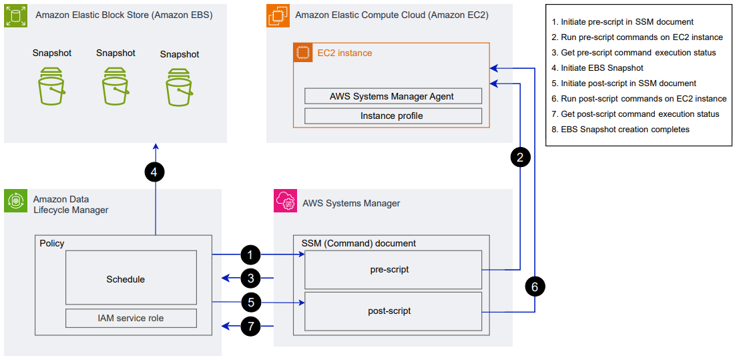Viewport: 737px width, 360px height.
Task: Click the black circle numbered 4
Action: click(154, 172)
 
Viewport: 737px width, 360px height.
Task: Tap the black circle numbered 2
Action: click(520, 157)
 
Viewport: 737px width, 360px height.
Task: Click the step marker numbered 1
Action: click(250, 254)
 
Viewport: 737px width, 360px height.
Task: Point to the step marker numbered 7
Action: click(250, 327)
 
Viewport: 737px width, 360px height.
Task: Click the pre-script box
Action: click(393, 270)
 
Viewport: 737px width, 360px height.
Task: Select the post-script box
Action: click(393, 311)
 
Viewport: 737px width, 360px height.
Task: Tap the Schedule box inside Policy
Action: click(131, 278)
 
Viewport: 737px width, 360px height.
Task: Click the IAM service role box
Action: click(131, 318)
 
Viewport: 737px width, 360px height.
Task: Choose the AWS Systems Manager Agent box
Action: click(393, 96)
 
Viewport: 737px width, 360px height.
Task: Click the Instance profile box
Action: click(393, 116)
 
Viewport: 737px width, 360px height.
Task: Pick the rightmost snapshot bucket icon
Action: click(180, 88)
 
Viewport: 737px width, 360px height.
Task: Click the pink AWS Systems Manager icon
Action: click(286, 202)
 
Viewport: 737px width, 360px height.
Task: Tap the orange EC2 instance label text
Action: click(344, 53)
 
